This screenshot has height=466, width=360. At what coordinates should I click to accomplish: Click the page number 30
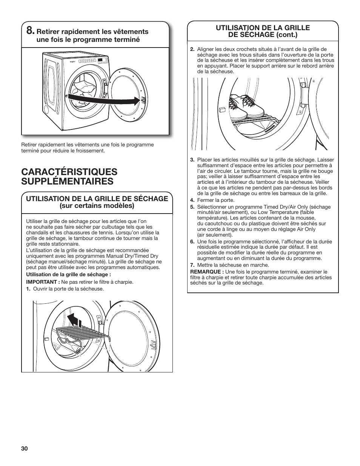pos(25,449)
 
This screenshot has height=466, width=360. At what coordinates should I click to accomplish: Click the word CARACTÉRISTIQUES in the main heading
pos(69,172)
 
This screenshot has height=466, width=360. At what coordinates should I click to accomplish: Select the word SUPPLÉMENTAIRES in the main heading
pos(67,181)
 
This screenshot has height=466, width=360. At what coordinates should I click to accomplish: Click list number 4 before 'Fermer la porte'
pos(192,200)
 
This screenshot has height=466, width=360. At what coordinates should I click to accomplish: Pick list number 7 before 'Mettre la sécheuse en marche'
pos(192,265)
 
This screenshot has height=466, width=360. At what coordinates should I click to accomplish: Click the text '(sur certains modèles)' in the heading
pos(97,206)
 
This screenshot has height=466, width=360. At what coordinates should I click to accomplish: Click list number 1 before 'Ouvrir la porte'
pos(28,289)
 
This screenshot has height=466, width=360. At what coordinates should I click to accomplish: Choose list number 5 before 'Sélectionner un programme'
pos(192,207)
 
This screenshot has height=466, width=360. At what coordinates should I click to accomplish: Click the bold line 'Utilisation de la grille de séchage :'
pos(68,275)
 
